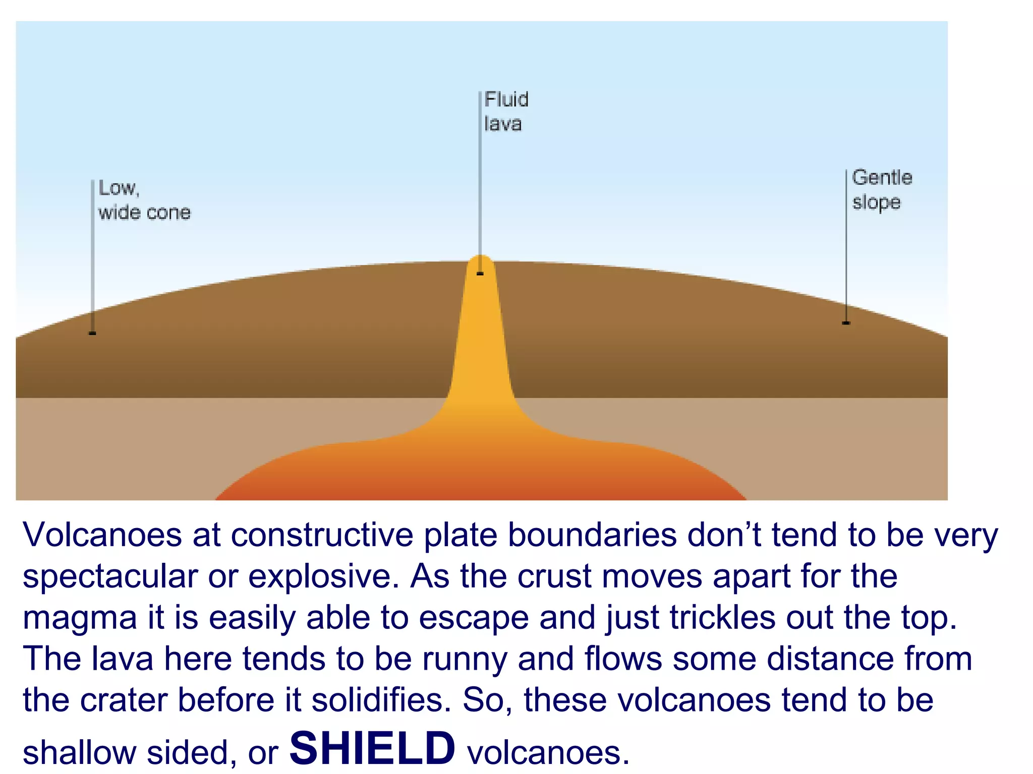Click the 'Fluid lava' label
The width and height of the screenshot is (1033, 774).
[x=506, y=111]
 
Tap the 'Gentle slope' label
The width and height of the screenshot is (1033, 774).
[x=882, y=189]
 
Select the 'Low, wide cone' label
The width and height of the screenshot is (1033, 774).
[x=144, y=200]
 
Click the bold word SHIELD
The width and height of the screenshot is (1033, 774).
[x=372, y=748]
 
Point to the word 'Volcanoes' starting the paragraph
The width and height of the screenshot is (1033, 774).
[x=102, y=535]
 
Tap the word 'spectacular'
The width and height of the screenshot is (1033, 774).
[x=110, y=576]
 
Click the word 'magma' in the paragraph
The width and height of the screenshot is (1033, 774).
[x=80, y=618]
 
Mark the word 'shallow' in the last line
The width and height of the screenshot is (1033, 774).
[x=79, y=753]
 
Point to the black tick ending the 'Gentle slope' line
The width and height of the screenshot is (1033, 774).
[x=846, y=323]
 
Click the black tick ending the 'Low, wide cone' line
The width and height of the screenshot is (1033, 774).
[x=92, y=333]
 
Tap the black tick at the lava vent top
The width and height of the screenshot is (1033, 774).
[x=480, y=274]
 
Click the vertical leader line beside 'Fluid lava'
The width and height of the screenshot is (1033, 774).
[x=480, y=176]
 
